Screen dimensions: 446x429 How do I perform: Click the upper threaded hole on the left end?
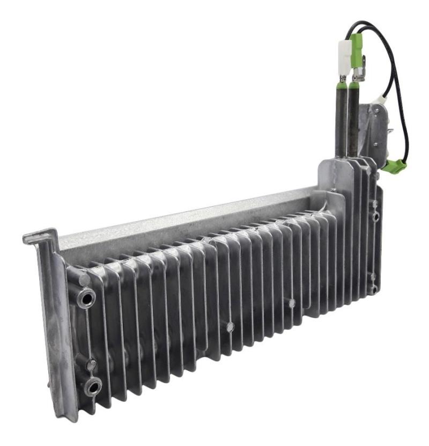86,297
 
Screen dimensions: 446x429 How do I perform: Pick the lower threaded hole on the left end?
93,385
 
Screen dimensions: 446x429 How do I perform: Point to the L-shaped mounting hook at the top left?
42,237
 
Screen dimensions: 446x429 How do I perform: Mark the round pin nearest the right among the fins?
291,303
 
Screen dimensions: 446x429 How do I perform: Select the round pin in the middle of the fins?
230,326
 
